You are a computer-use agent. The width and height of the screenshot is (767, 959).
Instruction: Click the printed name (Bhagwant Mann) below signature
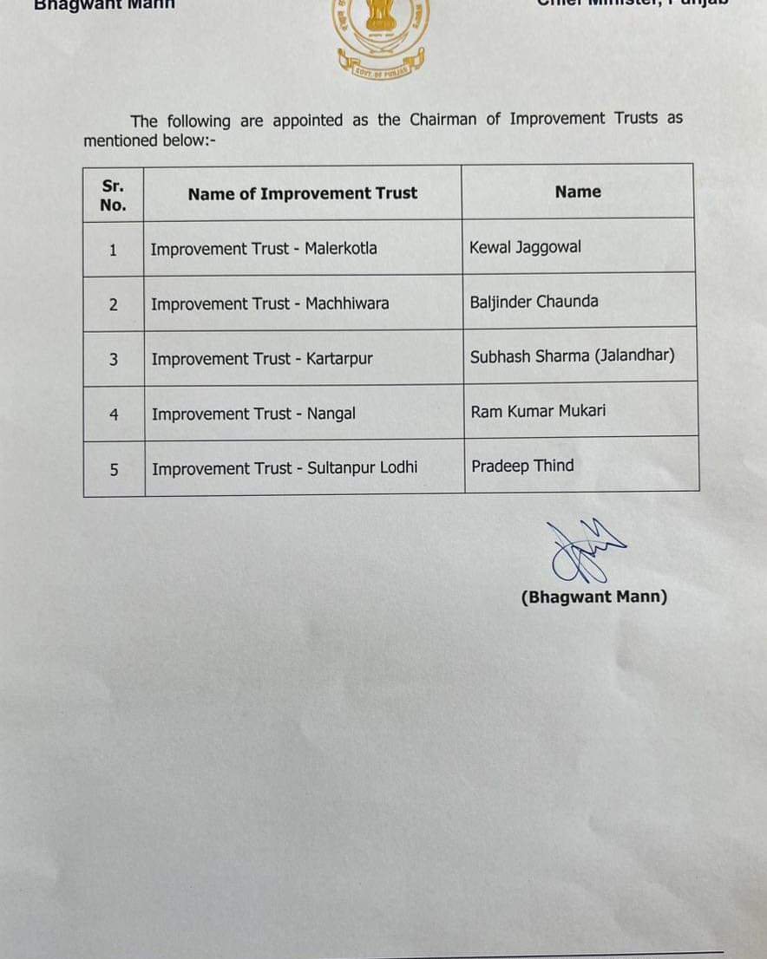coord(594,597)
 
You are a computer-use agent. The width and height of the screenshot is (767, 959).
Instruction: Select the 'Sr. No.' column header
coord(113,195)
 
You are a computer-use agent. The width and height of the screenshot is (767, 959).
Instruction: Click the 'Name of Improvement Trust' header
coord(302,193)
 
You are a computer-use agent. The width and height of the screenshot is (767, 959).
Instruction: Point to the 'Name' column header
coord(578,192)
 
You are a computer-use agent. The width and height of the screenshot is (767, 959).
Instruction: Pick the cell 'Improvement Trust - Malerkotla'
coord(264,249)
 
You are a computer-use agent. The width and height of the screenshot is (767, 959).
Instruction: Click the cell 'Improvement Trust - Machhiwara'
coord(270,303)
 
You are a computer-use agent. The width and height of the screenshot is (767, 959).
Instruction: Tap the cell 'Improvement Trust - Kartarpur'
coord(262,358)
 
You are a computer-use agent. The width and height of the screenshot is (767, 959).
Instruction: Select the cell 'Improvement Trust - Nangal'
coord(253,414)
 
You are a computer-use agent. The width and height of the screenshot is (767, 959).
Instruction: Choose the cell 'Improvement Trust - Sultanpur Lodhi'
coord(285,468)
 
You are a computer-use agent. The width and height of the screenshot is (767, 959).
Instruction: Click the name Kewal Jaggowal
coord(525,247)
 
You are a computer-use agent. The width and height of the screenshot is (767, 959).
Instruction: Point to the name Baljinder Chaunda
coord(534,302)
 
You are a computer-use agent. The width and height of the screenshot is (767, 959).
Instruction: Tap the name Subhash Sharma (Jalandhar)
coord(572,356)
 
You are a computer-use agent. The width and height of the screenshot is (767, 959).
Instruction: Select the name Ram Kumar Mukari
coord(538,411)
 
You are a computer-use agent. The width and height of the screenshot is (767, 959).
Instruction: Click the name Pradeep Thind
coord(522,466)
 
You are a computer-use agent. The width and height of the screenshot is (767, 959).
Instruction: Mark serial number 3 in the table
coord(114,359)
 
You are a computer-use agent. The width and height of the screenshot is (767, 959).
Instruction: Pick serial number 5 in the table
coord(115,469)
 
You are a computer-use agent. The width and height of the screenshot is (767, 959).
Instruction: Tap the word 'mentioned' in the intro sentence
coord(120,140)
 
